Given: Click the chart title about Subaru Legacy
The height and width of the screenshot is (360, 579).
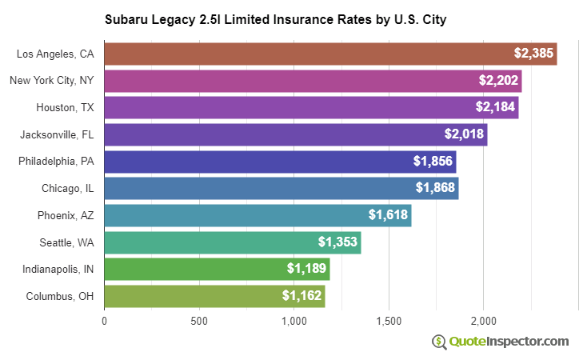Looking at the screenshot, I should click(275, 18).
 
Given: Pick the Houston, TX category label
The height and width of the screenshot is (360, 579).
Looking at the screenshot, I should click(65, 107).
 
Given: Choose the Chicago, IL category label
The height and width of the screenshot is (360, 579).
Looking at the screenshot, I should click(68, 188).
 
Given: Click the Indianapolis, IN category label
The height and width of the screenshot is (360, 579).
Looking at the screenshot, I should click(58, 269).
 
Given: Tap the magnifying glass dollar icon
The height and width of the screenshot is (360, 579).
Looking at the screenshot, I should click(439, 342).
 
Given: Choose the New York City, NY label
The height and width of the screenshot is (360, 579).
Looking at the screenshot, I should click(52, 81).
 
